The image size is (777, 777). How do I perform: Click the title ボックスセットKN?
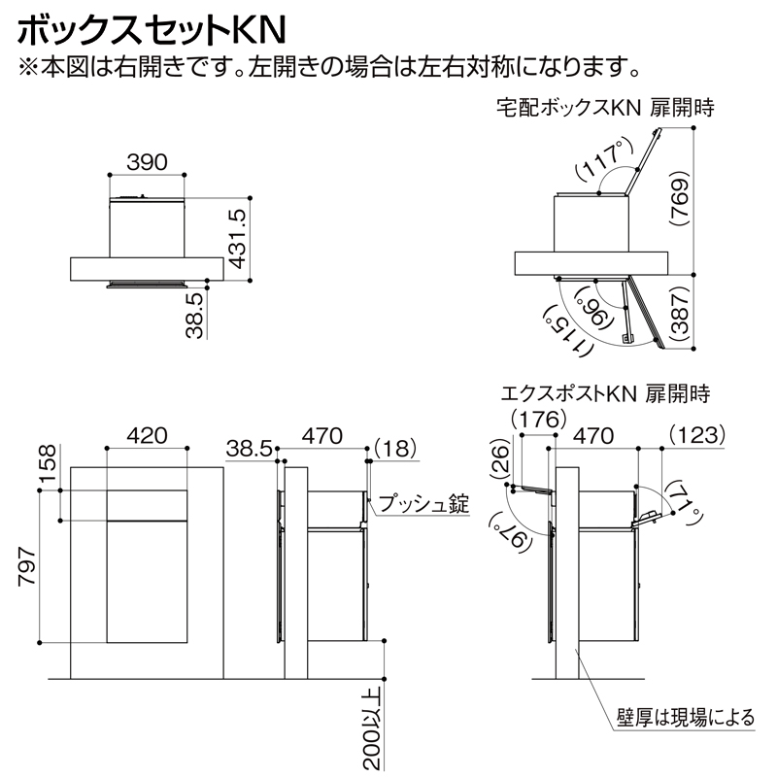151,27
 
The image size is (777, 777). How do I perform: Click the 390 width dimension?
147,161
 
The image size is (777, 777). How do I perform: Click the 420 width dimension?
147,434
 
